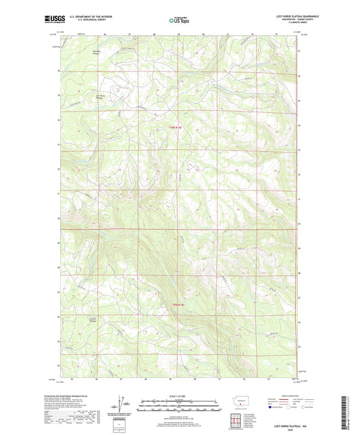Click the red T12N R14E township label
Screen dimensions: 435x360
click(179, 122)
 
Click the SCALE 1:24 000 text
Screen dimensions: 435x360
click(179, 396)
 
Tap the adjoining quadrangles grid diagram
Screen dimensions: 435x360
click(237, 420)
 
